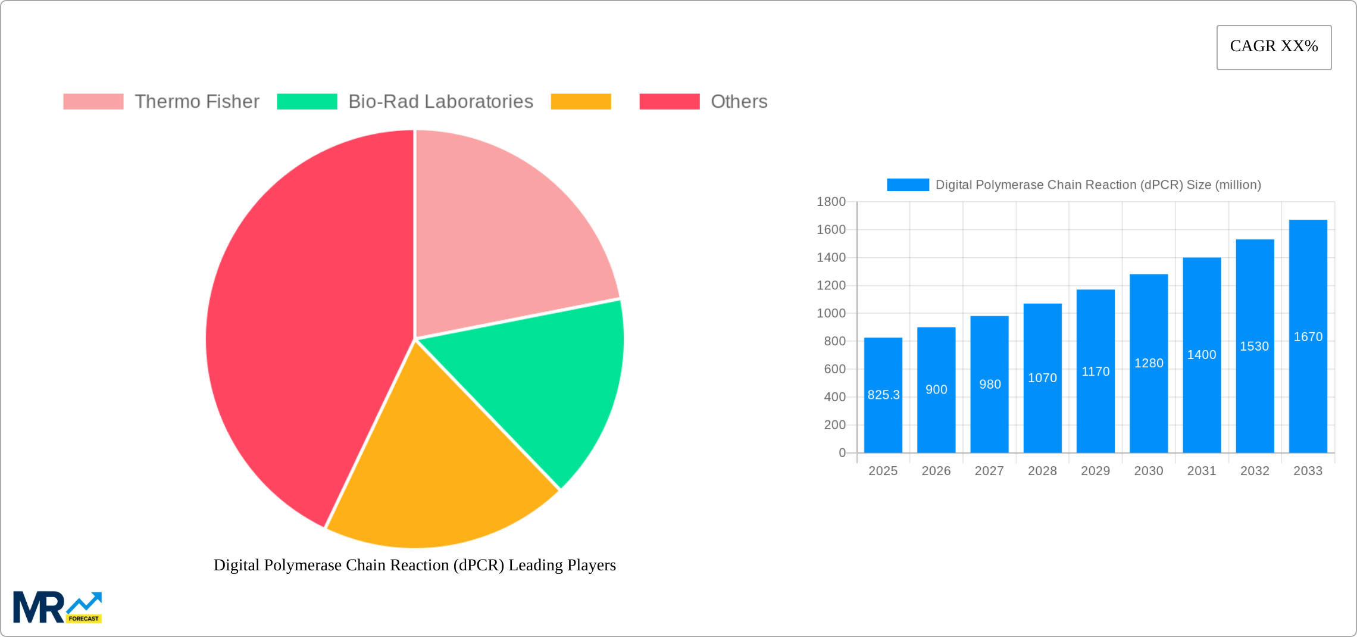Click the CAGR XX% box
point(1274,47)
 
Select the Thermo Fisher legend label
point(196,102)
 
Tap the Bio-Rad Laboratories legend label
point(440,102)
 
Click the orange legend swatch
point(580,102)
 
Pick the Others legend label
point(739,102)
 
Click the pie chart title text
point(414,565)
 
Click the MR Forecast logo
point(57,607)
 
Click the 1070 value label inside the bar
point(1042,378)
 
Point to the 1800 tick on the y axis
point(831,202)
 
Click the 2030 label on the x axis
point(1148,471)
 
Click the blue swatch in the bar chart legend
point(908,185)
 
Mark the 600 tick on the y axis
point(834,369)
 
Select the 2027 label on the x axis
point(989,471)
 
